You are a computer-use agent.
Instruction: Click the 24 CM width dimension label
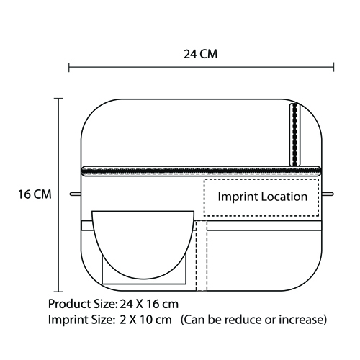(201, 54)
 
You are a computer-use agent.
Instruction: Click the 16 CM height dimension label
(35, 194)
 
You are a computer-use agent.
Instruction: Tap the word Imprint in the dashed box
(238, 197)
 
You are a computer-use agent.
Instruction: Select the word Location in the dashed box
(284, 197)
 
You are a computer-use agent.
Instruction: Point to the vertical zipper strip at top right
(295, 135)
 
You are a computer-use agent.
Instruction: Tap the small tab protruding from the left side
(76, 194)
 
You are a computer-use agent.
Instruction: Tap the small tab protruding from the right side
(328, 194)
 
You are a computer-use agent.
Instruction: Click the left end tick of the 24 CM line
(69, 67)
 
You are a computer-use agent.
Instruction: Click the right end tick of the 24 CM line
(333, 67)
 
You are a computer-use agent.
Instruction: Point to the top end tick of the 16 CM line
(58, 99)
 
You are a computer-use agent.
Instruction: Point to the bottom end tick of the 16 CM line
(58, 292)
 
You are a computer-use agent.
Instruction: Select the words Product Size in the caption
(82, 304)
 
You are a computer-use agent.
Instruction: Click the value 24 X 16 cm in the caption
(149, 304)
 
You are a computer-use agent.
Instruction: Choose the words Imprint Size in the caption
(81, 320)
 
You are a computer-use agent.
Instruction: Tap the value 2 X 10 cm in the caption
(146, 320)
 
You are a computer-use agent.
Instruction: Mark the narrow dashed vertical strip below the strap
(202, 256)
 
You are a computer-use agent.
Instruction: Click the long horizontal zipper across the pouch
(201, 171)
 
